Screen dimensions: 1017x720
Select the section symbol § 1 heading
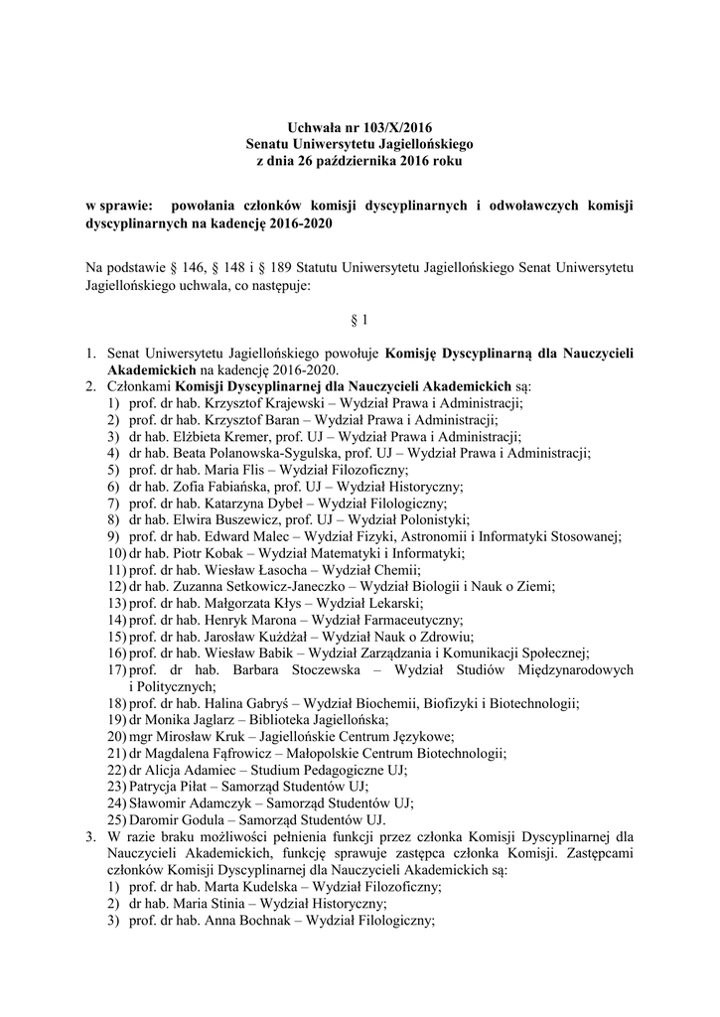(x=360, y=320)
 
